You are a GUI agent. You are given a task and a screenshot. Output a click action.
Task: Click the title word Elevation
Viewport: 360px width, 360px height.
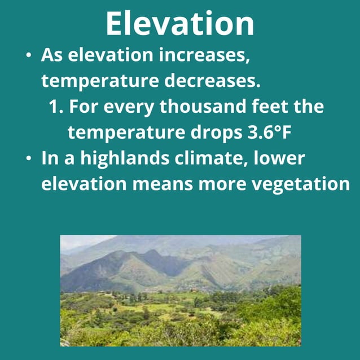[179, 24]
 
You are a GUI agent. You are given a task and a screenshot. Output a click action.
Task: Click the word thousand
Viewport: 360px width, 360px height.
[201, 107]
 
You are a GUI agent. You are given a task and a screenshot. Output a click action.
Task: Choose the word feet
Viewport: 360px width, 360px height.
[270, 107]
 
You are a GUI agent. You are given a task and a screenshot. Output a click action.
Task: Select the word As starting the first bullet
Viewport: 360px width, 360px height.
[52, 56]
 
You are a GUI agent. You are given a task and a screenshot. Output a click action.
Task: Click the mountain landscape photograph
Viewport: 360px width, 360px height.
[181, 290]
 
